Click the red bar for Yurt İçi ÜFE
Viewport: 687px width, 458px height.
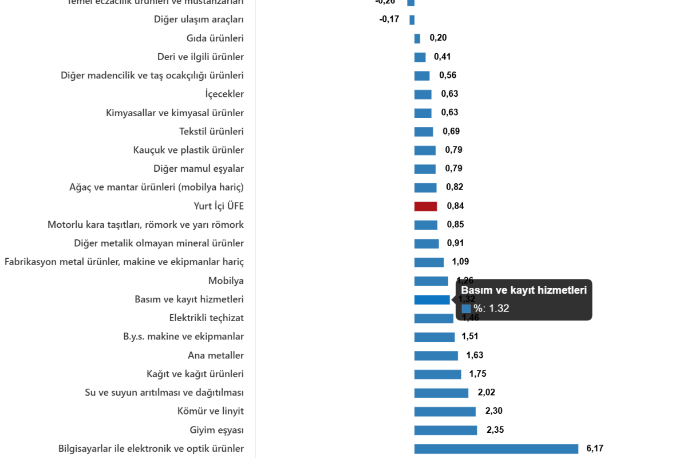[425, 207]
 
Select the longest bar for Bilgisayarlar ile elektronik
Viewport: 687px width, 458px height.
[496, 449]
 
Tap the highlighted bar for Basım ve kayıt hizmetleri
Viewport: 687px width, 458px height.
[432, 300]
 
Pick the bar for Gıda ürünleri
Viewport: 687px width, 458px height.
[417, 38]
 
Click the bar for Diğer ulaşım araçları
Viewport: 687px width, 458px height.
[412, 20]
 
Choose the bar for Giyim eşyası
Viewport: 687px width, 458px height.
[445, 431]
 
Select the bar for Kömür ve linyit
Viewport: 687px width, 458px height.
[445, 412]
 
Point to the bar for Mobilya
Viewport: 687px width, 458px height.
[431, 281]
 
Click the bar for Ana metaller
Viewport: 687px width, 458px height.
[436, 356]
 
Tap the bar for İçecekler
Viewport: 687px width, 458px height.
[423, 94]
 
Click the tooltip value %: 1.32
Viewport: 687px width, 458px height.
[491, 309]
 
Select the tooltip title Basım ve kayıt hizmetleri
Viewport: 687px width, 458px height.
[523, 290]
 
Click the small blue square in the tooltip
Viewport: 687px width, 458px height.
[466, 309]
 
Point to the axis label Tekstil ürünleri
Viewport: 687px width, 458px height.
[211, 132]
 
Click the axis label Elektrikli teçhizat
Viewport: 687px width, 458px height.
[207, 318]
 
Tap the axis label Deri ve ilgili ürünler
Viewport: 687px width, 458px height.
[200, 57]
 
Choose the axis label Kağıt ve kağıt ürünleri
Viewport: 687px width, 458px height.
[195, 374]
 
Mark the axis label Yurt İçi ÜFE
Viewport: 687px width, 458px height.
[219, 206]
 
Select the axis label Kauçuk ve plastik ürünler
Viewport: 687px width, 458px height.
[188, 150]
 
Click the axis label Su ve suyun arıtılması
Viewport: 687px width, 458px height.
[164, 393]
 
